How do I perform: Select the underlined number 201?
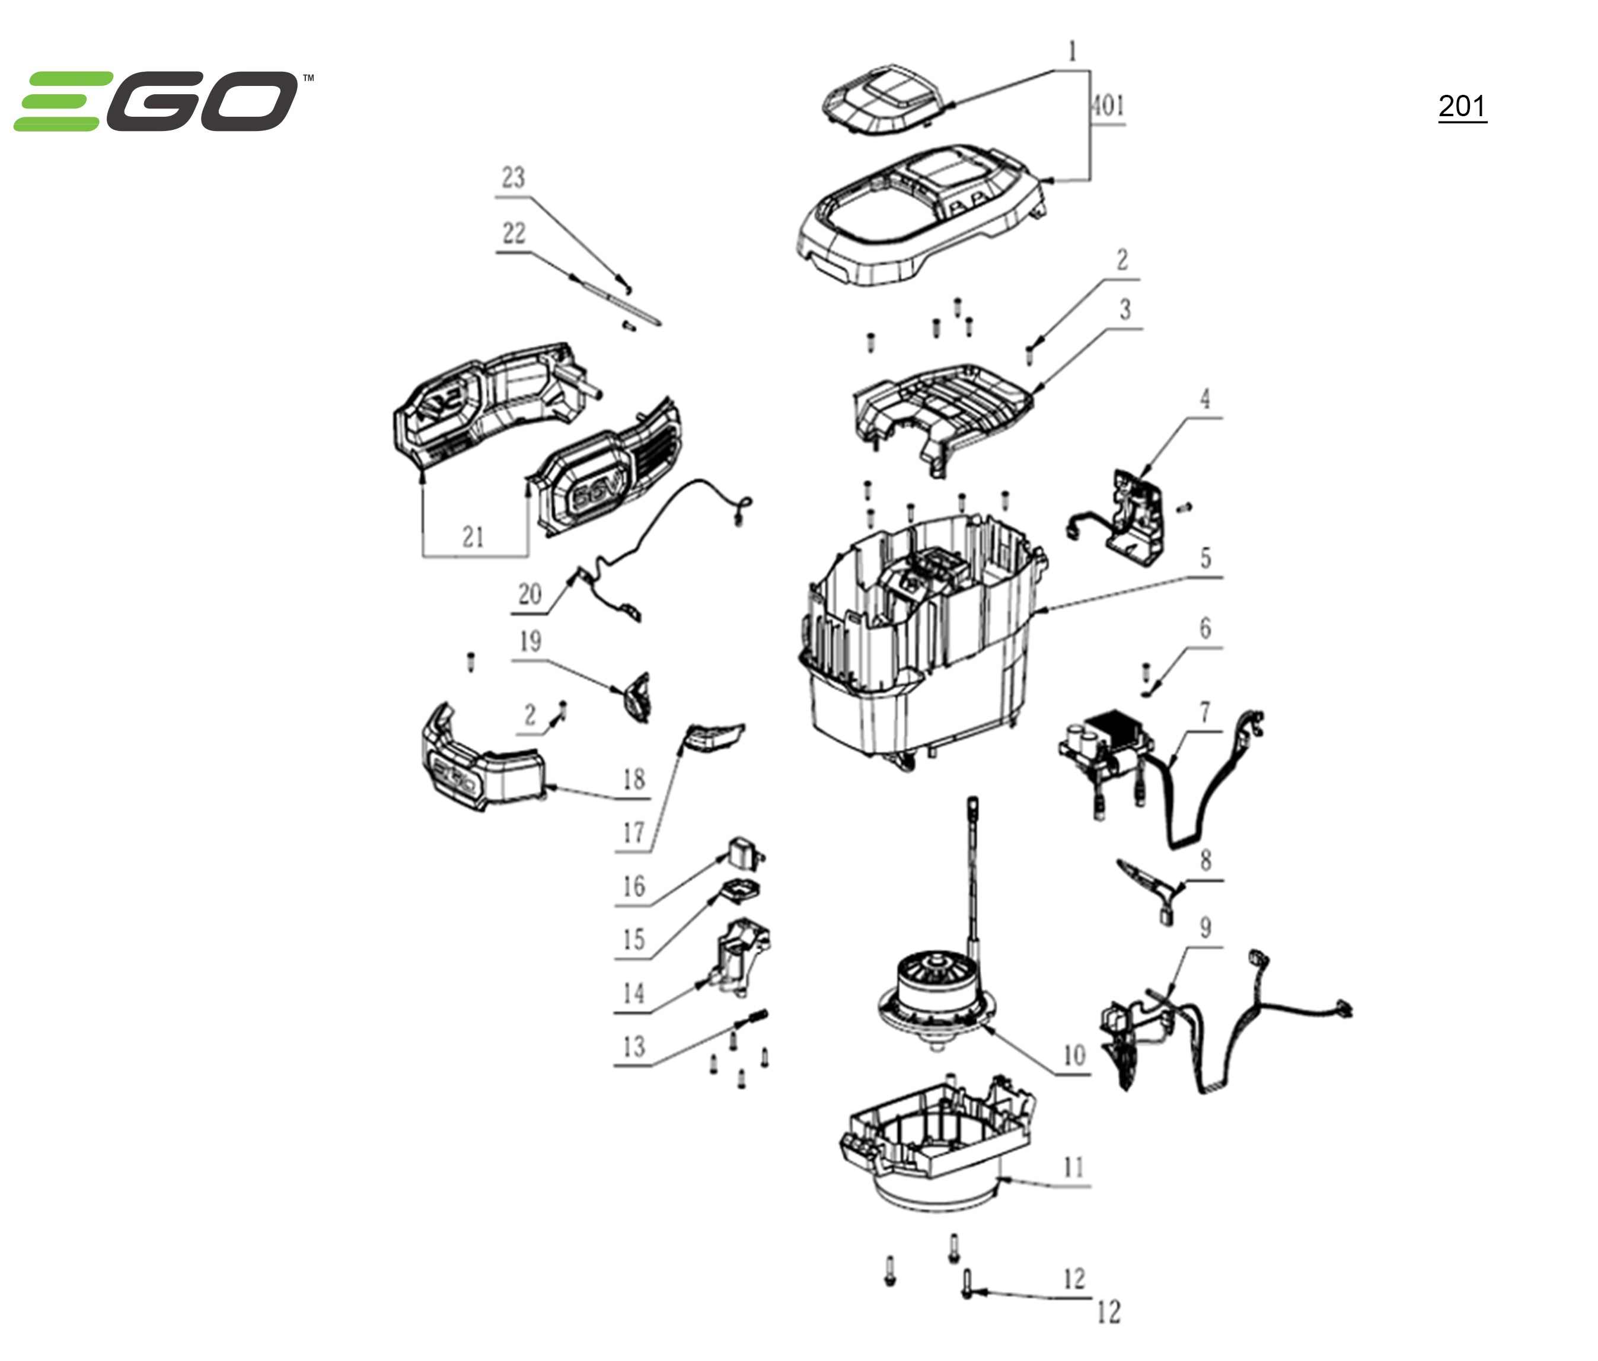click(1462, 107)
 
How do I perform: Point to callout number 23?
click(513, 178)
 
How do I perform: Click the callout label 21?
click(473, 536)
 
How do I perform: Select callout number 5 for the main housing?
click(1205, 558)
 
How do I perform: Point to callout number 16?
click(633, 886)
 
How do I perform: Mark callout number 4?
click(1205, 399)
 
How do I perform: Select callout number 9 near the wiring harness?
click(1205, 928)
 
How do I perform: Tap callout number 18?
click(634, 779)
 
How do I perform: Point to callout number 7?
click(1205, 712)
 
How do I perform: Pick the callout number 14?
click(633, 993)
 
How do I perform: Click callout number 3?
click(1125, 310)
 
